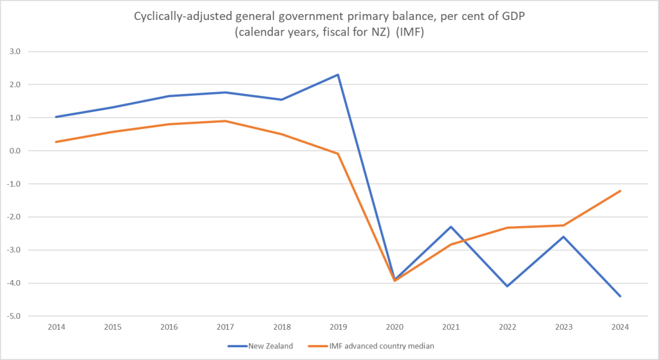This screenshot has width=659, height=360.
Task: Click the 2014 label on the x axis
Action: click(56, 328)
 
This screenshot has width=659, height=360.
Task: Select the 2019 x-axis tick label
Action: click(338, 328)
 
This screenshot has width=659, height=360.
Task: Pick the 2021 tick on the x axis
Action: click(451, 328)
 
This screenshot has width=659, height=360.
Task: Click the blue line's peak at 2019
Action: click(338, 75)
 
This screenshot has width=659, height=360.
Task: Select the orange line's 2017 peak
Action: click(225, 121)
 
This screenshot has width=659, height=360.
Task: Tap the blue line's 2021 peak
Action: click(451, 227)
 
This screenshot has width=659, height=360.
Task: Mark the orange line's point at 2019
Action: click(338, 154)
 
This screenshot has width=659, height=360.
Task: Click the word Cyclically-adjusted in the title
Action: click(173, 17)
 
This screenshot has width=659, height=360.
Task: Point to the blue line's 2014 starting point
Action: click(56, 117)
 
